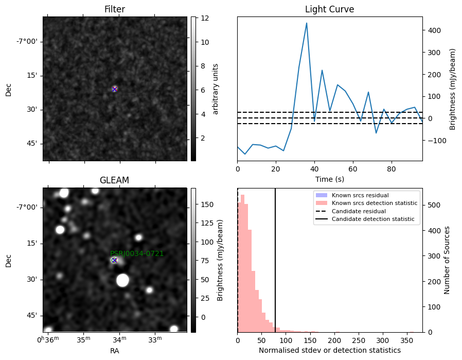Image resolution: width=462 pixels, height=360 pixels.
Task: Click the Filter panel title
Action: [x=115, y=9]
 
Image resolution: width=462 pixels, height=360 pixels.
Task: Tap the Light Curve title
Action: [x=329, y=9]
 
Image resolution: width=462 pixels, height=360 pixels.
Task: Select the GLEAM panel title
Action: [x=114, y=180]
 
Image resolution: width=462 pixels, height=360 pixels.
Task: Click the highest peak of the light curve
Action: [x=307, y=23]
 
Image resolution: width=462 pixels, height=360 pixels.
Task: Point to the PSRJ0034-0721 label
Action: [x=137, y=253]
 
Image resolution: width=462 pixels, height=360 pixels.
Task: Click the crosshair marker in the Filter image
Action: [x=115, y=89]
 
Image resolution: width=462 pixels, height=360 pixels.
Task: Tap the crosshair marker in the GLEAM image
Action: [x=114, y=261]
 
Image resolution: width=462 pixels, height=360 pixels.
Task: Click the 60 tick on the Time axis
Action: [x=353, y=169]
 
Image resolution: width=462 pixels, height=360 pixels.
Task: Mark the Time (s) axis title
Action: [x=330, y=179]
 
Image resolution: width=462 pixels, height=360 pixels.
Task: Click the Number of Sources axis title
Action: [x=447, y=261]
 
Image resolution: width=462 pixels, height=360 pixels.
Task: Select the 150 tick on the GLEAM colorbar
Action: [x=207, y=204]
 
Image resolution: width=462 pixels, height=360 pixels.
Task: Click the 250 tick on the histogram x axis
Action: [x=359, y=340]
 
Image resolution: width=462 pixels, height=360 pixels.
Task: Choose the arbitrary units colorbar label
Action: [x=216, y=89]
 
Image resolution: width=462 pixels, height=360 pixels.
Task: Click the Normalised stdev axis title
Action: [x=330, y=350]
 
